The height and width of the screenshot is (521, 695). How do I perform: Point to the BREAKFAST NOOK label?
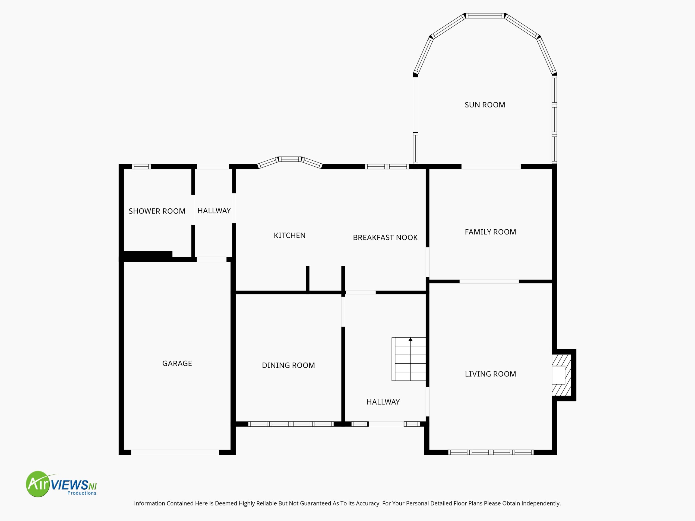385,237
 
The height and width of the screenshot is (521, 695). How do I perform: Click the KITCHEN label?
289,235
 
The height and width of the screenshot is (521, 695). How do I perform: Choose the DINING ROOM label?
288,365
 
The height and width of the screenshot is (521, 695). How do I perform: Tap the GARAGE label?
177,363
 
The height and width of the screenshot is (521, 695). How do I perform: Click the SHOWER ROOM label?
157,211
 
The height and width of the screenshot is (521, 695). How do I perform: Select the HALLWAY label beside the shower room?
214,211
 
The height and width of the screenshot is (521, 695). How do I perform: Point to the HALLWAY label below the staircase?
383,402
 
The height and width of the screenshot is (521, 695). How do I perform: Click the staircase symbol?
409,359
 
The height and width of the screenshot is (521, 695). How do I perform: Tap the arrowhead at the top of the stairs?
410,339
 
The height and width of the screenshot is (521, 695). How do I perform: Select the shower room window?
141,166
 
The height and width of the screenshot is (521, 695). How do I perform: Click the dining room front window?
291,424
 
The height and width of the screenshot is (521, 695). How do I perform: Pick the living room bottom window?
491,452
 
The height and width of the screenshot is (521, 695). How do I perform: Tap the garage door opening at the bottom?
175,452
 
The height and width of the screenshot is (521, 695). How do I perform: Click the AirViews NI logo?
61,484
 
